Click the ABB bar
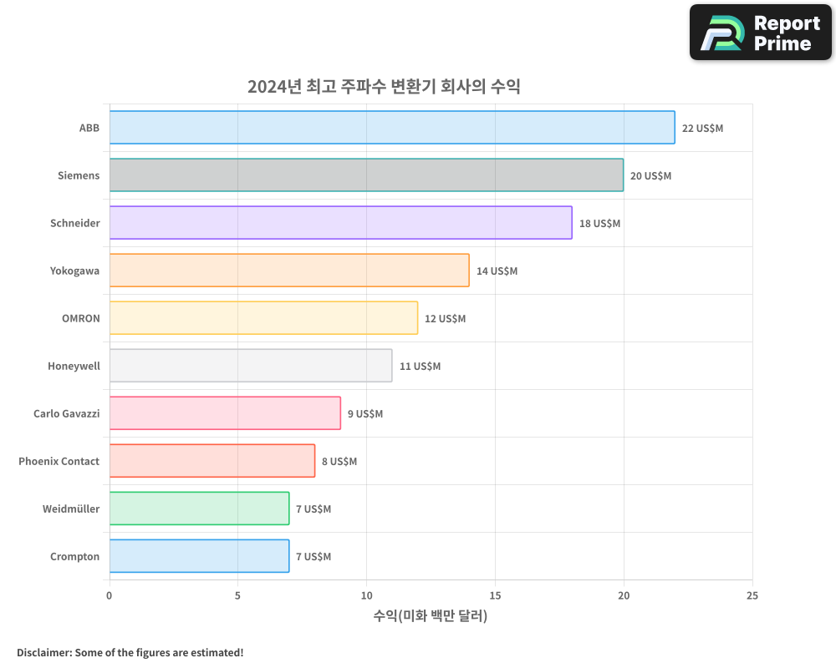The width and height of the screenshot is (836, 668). tap(391, 128)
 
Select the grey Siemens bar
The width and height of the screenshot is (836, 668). tap(366, 175)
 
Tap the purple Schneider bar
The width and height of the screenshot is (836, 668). tap(340, 223)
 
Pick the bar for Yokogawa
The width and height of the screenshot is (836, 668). tap(289, 271)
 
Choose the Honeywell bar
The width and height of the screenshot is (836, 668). tap(251, 366)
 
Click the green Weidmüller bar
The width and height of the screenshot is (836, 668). tap(199, 509)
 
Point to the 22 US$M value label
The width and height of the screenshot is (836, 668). tap(702, 129)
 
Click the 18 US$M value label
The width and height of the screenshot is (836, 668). tap(599, 224)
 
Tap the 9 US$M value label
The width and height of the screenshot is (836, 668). tap(364, 414)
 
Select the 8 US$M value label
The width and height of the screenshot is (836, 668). tap(339, 462)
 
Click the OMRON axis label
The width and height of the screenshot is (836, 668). tap(80, 319)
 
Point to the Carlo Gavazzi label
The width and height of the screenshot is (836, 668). tap(66, 414)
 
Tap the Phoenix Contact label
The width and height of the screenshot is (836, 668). tap(59, 462)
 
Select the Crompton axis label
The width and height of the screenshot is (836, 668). tap(74, 557)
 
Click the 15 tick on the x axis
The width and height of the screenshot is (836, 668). tap(495, 595)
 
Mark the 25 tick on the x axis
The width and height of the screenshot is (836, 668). tap(752, 595)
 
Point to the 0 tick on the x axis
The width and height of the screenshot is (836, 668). tap(110, 595)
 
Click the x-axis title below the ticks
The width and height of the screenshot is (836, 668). tap(431, 616)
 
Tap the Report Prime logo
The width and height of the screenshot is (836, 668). tap(760, 33)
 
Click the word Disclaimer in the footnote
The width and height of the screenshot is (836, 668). tap(43, 652)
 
